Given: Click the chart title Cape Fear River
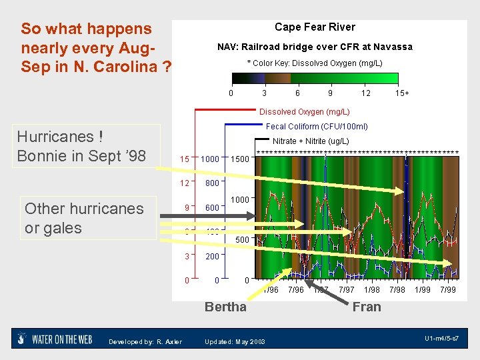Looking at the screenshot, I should point(315,27).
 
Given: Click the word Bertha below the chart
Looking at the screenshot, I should point(225,307).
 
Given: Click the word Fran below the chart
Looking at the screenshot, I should point(367,307).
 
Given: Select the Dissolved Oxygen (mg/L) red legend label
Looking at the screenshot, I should point(304,112).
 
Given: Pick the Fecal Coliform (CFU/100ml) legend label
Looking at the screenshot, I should point(317,126).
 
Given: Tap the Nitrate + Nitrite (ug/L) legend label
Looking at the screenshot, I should point(311,141).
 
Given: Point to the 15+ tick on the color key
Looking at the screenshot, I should point(402,93).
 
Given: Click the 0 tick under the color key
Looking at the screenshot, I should point(231,93).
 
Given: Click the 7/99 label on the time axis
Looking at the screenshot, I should point(448,290).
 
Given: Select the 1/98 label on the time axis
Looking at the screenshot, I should point(372,290).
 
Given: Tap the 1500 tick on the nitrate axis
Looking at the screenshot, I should point(239,159).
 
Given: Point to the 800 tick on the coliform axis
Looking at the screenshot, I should point(213,183).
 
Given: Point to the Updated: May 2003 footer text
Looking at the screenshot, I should point(235,342).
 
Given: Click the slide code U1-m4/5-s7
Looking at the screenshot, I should point(441,339).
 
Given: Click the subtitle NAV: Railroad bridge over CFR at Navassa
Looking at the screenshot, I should point(315,47).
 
